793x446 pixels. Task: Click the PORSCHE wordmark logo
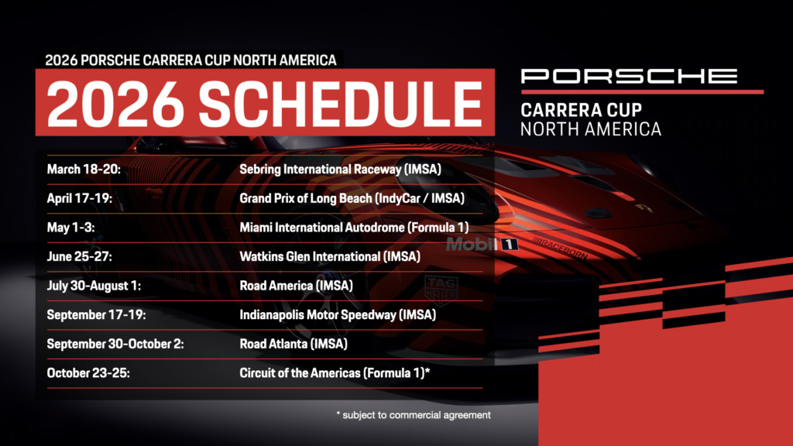coord(629,76)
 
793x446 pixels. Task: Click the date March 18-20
coord(81,169)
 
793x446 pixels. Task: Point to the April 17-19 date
coord(80,198)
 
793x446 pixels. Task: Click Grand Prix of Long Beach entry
coord(352,198)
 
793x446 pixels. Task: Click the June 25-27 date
coord(78,256)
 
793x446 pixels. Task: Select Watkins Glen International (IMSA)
coord(330,256)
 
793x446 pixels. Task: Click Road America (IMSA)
coord(297,286)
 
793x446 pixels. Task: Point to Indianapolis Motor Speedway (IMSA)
coord(337,314)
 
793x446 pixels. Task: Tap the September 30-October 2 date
coord(115,344)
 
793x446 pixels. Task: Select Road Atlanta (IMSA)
coord(294,344)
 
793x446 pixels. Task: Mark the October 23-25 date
coord(88,373)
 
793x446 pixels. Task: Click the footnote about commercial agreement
coord(414,415)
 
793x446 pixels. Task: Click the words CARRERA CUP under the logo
coord(581,111)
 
